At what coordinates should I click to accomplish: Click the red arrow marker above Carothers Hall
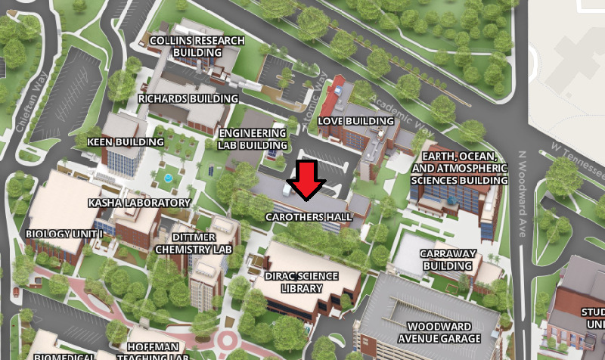pyautogui.click(x=307, y=180)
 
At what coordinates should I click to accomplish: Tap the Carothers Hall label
pyautogui.click(x=309, y=217)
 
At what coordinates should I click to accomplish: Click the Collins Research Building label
pyautogui.click(x=197, y=47)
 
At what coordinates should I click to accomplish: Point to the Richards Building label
pyautogui.click(x=188, y=98)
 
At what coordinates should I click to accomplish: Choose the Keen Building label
pyautogui.click(x=126, y=141)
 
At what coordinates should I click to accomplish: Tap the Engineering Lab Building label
pyautogui.click(x=253, y=138)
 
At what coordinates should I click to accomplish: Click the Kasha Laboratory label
pyautogui.click(x=139, y=203)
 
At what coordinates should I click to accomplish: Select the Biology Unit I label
pyautogui.click(x=64, y=234)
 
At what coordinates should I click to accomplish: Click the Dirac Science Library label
pyautogui.click(x=304, y=282)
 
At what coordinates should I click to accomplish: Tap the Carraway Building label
pyautogui.click(x=448, y=259)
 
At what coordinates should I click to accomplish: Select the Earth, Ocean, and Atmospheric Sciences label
pyautogui.click(x=460, y=168)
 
